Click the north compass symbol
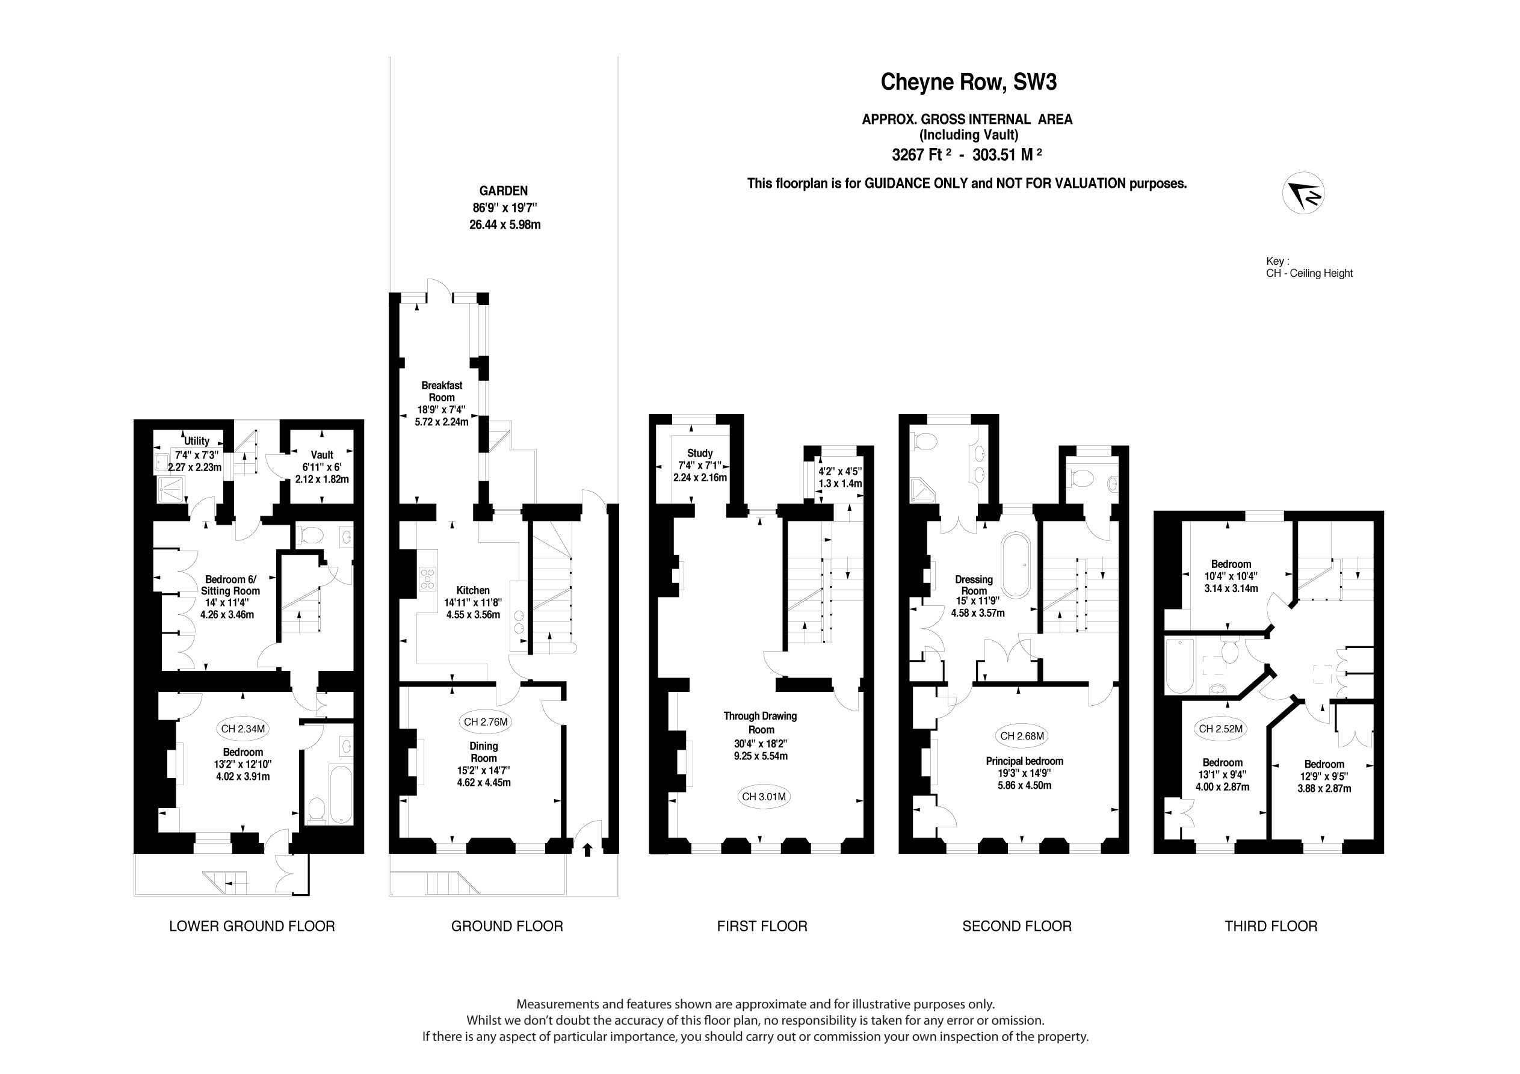point(1303,193)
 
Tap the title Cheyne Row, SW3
point(968,82)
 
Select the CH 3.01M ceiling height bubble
point(764,797)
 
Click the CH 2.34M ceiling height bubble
point(243,729)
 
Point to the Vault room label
point(322,455)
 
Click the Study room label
point(700,454)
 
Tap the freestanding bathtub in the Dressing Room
point(1016,566)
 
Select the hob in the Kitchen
point(428,579)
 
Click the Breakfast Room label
point(442,391)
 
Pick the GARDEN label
point(504,191)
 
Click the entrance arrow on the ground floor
point(587,850)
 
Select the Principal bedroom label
point(1024,761)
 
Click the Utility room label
point(197,441)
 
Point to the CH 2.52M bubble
point(1221,729)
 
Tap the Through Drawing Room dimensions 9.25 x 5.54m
point(761,756)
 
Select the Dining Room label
point(483,752)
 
